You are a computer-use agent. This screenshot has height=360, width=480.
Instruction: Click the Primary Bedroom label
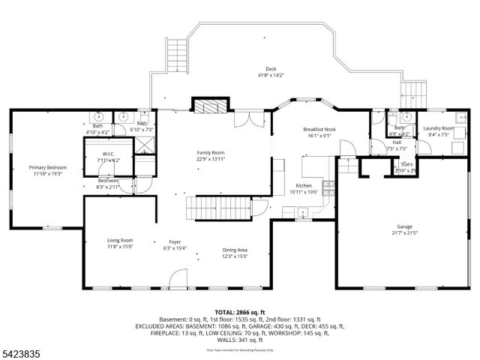(47, 167)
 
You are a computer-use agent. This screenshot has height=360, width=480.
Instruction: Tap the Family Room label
(211, 152)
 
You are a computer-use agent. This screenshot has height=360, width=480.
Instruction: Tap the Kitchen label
(303, 185)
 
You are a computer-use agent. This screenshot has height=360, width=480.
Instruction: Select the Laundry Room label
(438, 128)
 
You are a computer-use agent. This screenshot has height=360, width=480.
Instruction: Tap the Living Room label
(120, 240)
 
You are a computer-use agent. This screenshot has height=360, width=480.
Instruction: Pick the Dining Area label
(235, 250)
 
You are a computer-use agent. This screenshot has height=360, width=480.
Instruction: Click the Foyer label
(175, 242)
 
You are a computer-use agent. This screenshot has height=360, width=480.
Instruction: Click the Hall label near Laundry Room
(397, 142)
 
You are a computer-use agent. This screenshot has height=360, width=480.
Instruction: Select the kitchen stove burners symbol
(328, 187)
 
